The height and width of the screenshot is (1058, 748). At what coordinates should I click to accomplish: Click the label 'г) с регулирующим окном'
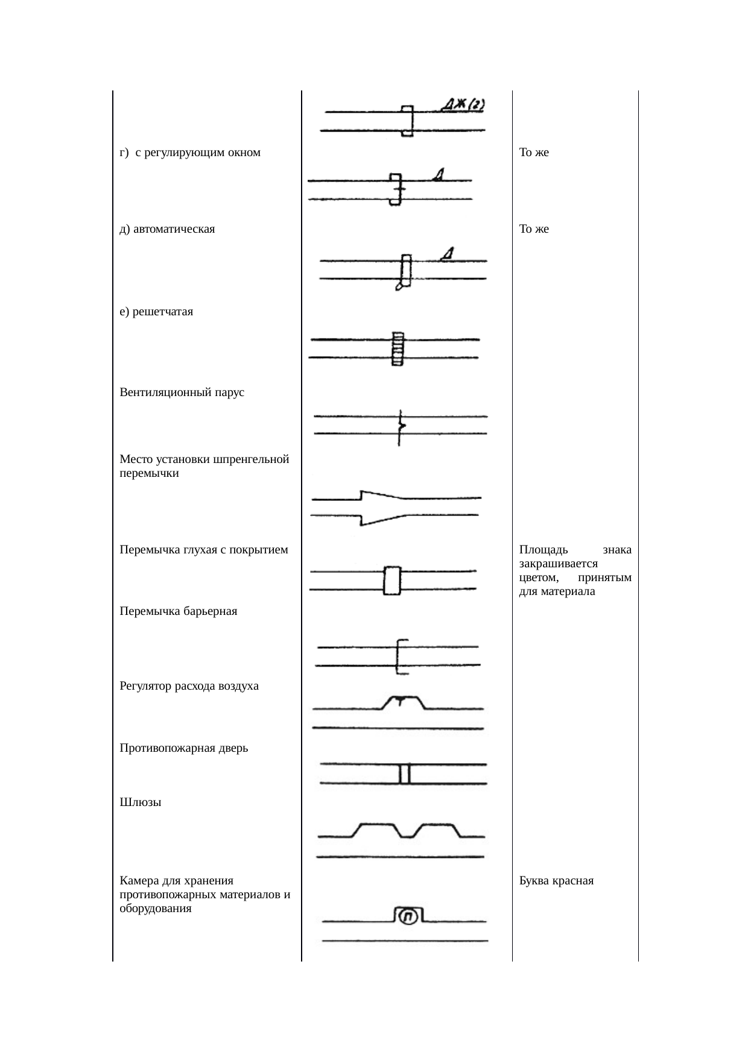coord(190,153)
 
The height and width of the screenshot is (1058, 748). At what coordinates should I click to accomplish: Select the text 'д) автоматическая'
coord(167,229)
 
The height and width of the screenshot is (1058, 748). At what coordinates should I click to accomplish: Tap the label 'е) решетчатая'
coord(156,312)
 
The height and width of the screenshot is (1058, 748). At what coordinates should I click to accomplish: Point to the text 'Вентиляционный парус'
coord(182,392)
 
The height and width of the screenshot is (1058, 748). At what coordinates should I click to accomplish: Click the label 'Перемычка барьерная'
coord(179,611)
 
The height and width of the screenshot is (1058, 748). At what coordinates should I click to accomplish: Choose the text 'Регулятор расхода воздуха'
coord(189,686)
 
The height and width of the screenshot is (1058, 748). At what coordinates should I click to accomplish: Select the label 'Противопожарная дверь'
coord(184,748)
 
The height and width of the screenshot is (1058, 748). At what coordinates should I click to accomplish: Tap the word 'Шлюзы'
coord(141,802)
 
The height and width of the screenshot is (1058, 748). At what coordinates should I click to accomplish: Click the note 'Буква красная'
coord(556,881)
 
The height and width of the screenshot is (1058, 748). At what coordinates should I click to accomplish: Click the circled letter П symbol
coord(408,917)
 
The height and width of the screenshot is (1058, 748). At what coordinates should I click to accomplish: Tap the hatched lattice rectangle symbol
coord(398,348)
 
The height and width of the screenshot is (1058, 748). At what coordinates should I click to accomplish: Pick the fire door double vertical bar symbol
coord(405,773)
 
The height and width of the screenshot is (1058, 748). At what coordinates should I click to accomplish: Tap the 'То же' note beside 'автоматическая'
coord(534,229)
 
